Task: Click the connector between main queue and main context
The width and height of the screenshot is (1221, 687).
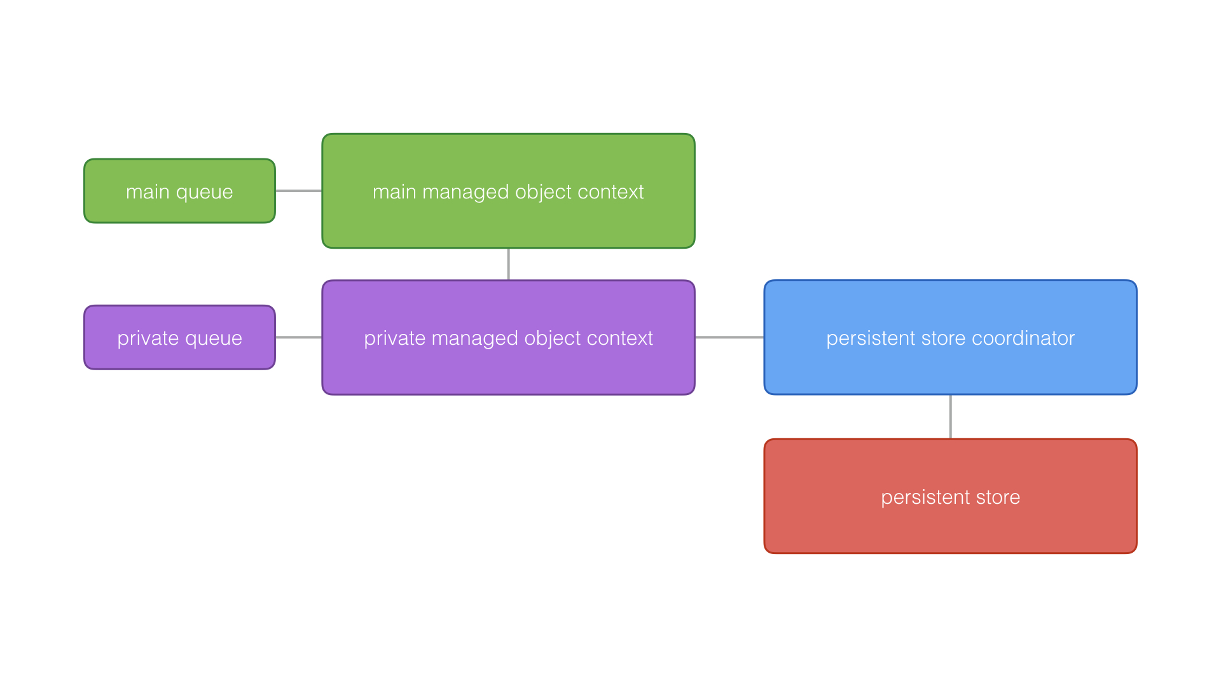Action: tap(298, 191)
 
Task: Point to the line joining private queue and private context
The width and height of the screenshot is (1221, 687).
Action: tap(298, 337)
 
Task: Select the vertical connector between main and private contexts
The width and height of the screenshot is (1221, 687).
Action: tap(508, 264)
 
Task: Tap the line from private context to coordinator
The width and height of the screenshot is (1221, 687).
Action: tap(729, 337)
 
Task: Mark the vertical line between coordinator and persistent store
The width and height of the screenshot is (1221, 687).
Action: tap(950, 417)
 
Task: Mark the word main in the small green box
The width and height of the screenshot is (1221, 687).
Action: tap(148, 192)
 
